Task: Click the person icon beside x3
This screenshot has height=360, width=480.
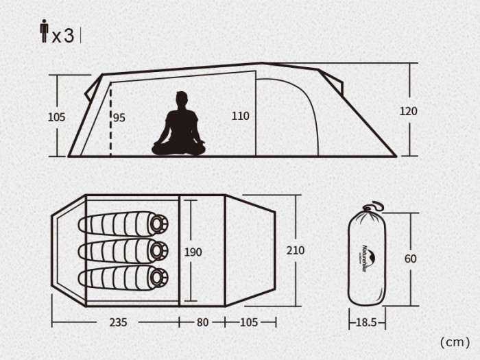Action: pos(45,31)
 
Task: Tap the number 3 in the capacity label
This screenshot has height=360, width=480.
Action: pos(69,36)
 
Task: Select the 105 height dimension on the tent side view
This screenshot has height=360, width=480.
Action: pos(57,117)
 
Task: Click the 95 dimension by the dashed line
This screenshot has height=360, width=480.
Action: pos(119,117)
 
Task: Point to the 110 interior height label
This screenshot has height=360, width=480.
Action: pos(240,116)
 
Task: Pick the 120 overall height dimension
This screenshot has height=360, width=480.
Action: pos(409,111)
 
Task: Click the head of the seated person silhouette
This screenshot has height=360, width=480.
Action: pos(182,99)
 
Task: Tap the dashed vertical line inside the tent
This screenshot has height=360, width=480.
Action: pos(110,121)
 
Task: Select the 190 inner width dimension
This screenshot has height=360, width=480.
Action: pos(193,252)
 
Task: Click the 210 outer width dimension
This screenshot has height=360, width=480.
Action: pos(296,250)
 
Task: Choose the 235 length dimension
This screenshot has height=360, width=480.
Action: pos(118,322)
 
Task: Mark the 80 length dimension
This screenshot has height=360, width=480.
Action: pos(203,322)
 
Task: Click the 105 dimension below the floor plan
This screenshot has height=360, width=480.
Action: pos(248,322)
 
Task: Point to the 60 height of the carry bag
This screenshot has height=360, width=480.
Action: pos(411,259)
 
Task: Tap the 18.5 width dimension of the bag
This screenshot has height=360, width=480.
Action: pos(366,322)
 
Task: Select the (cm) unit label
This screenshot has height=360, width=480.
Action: pos(455,342)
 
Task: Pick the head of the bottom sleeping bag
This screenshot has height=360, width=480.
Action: pos(158,278)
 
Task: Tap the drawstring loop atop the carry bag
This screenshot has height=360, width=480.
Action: pos(374,206)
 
